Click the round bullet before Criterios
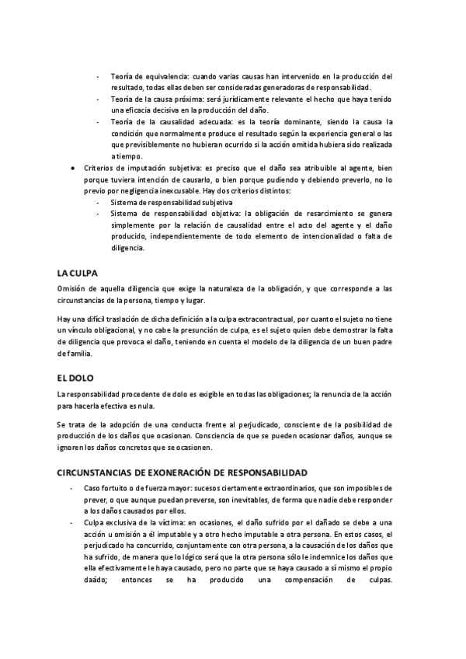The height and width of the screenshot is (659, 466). point(72,167)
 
